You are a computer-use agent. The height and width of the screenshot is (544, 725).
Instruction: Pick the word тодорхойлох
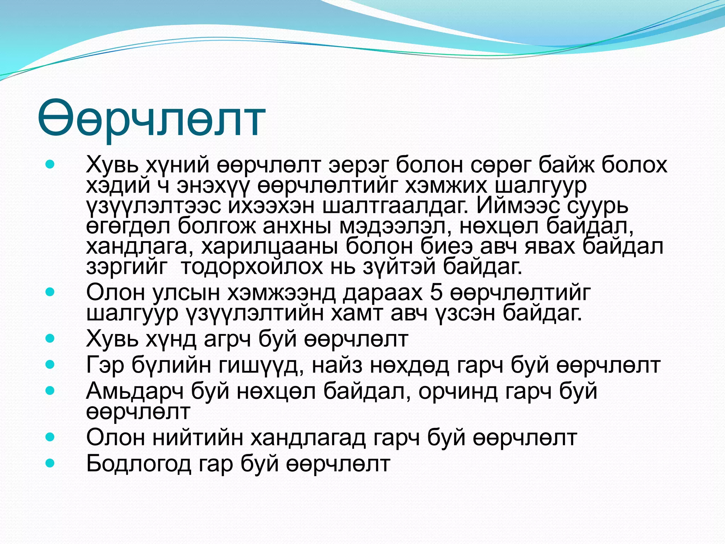click(251, 267)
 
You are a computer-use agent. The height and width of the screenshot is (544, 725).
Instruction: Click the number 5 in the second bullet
click(436, 293)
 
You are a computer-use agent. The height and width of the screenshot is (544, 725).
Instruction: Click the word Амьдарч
click(135, 391)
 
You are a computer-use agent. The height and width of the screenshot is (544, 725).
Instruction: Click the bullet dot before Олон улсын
click(50, 292)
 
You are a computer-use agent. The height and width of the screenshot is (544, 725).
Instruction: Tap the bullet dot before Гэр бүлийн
click(50, 364)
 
